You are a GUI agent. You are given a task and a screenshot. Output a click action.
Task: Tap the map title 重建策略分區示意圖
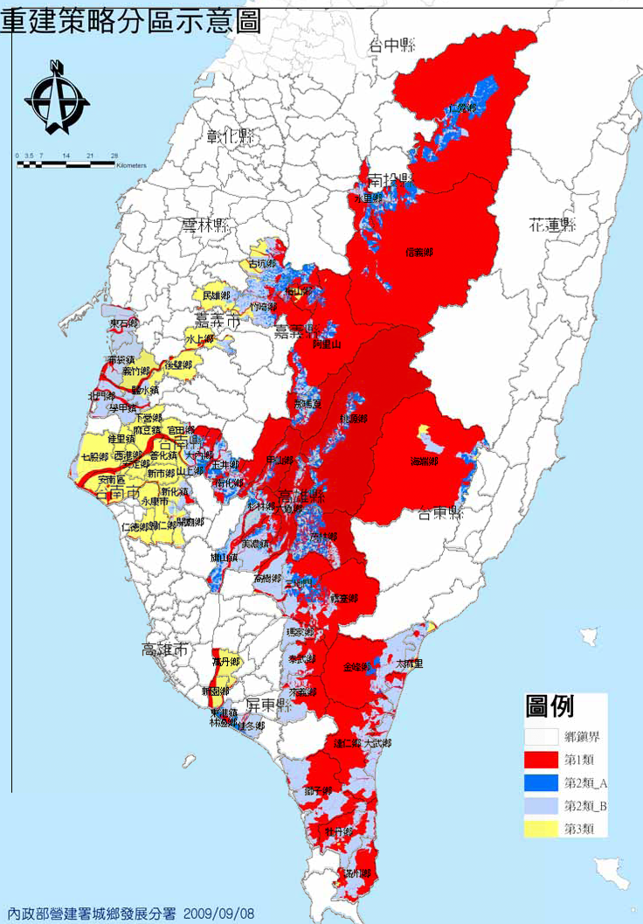click(x=131, y=21)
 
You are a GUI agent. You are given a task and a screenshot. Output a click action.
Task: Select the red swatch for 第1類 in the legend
click(x=542, y=758)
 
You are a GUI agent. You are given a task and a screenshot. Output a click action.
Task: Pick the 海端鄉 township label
click(x=423, y=461)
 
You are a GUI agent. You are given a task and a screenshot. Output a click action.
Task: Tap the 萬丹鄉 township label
click(x=225, y=663)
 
